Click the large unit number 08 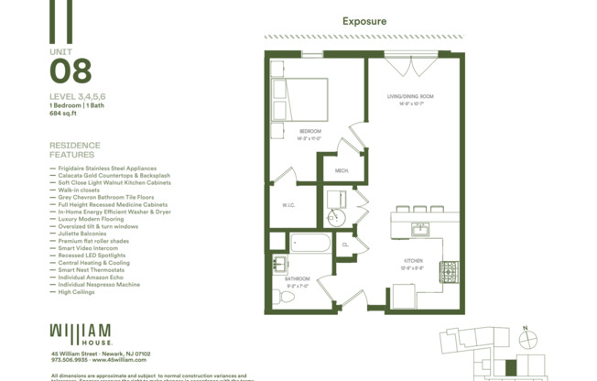click(x=70, y=71)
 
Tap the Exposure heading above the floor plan click(x=364, y=20)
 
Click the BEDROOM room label click(x=309, y=134)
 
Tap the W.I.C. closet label click(x=288, y=205)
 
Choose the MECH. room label click(x=342, y=171)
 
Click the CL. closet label click(x=346, y=245)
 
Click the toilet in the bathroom click(x=280, y=296)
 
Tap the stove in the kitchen click(x=449, y=271)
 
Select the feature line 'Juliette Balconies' click(x=89, y=234)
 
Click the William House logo click(x=81, y=332)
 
